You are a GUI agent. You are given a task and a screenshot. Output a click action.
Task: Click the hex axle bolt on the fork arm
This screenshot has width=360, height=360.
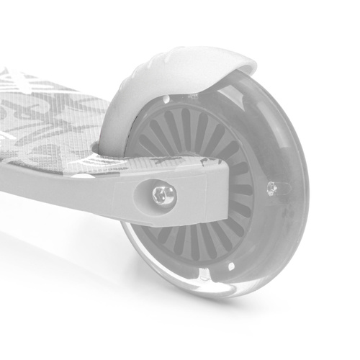click(x=163, y=194)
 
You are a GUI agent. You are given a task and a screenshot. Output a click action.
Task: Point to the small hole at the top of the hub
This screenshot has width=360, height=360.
click(x=166, y=99)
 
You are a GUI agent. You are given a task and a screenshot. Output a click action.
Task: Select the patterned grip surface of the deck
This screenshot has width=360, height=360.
click(x=50, y=122)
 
